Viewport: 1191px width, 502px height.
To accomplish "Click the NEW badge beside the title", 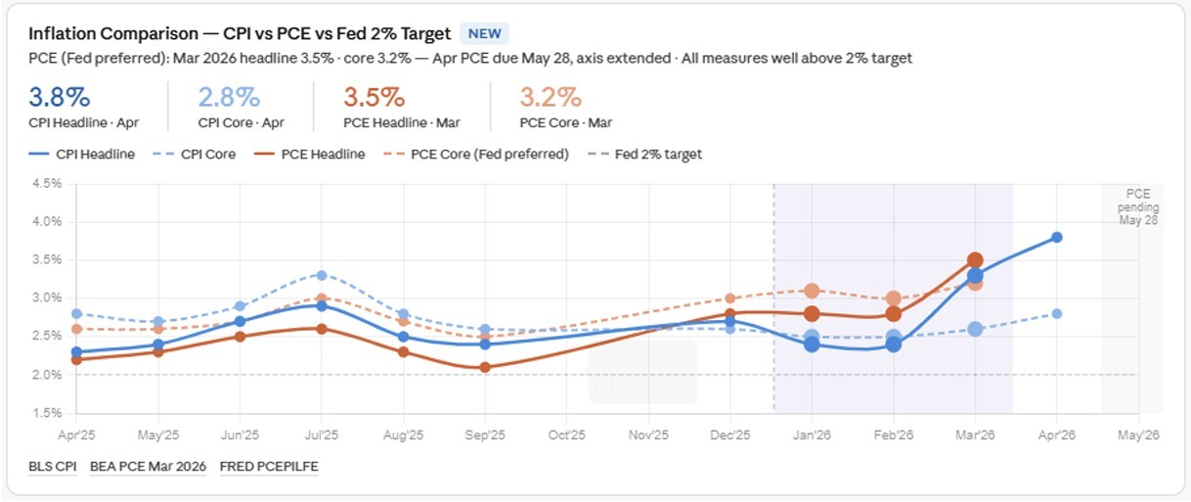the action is (484, 33).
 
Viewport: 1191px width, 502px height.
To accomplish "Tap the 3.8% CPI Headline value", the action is (60, 97).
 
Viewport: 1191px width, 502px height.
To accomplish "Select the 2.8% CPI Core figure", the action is (229, 97).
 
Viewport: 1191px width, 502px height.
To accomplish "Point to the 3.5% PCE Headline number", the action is (375, 97).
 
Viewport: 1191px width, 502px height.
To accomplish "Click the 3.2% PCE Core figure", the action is (551, 97).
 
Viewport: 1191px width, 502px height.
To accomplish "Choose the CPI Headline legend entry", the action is (82, 154).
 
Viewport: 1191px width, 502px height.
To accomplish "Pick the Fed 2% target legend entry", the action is (645, 154).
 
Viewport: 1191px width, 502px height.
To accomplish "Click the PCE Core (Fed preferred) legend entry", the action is (476, 154).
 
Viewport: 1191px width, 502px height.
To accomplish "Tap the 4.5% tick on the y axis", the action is (47, 184).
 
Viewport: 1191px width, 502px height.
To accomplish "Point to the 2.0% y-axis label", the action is (47, 375).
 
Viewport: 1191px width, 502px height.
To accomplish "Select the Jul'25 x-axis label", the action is (321, 434).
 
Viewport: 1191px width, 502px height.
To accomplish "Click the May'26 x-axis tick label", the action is (1138, 434).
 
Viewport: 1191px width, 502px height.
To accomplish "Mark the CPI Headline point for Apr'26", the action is (1057, 238).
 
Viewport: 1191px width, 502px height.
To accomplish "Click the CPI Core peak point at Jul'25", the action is (322, 275).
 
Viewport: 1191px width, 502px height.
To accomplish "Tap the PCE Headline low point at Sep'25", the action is (485, 367).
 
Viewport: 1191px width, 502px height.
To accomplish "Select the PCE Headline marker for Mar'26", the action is (975, 260).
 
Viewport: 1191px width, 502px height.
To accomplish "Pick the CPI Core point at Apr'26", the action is (1057, 314).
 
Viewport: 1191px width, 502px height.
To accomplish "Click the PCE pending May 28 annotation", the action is (1138, 207).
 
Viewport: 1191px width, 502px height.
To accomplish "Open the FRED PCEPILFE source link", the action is (269, 467).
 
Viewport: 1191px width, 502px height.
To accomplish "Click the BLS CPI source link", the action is (53, 467).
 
